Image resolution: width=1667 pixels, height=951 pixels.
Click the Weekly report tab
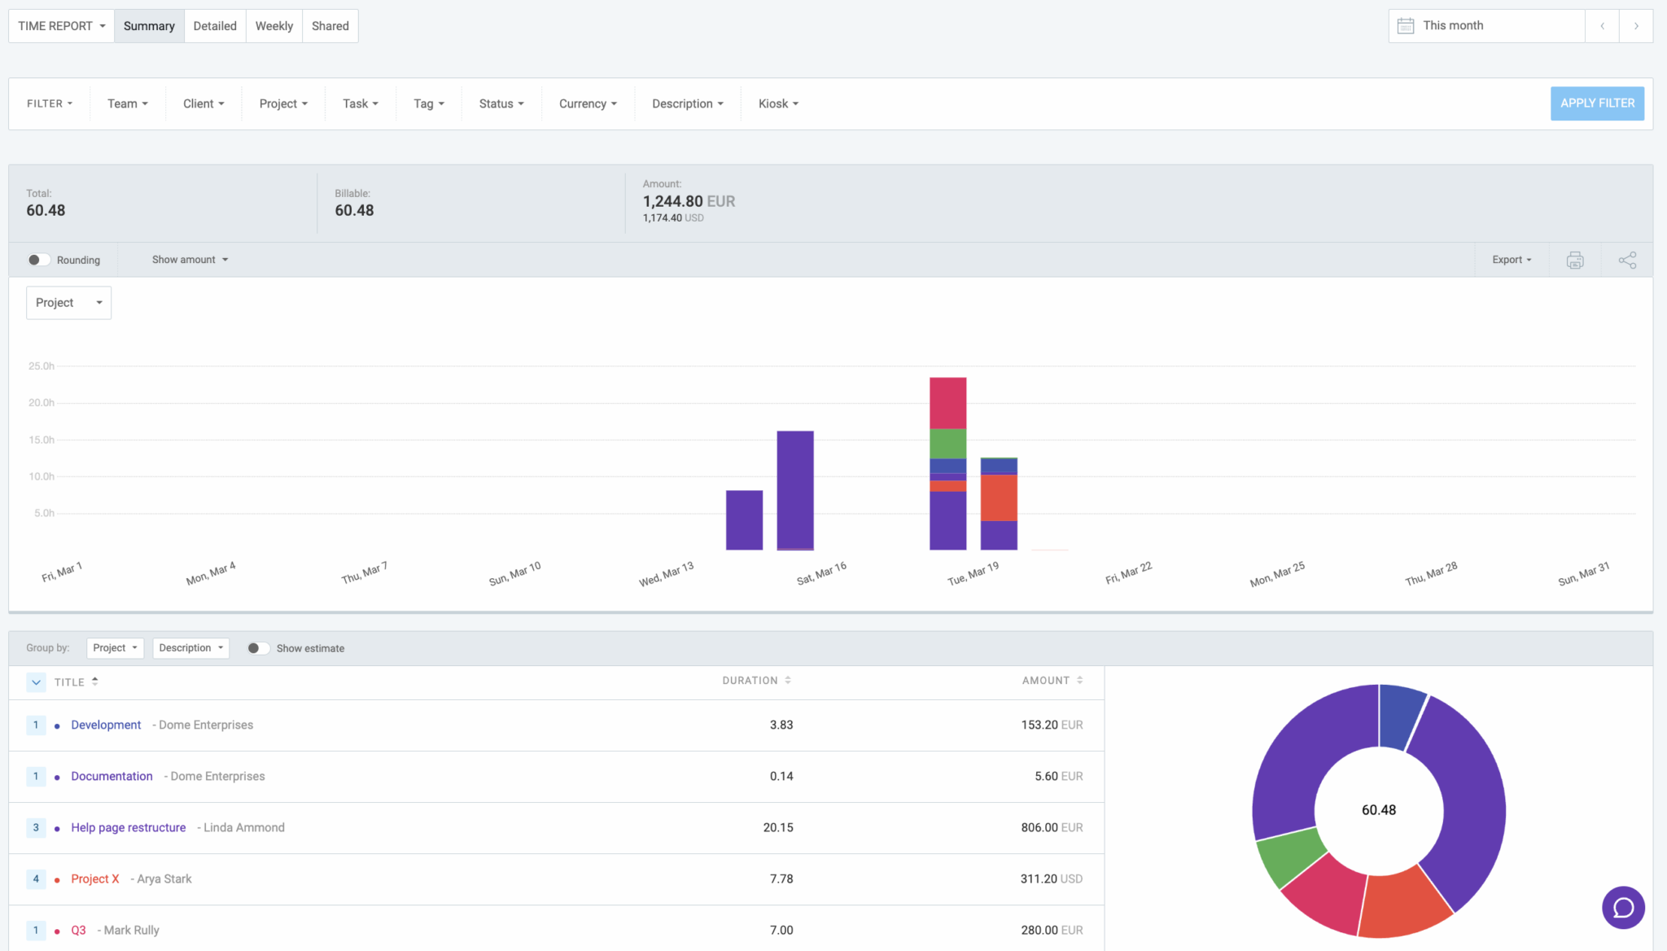click(273, 26)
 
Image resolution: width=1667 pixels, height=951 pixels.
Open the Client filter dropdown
click(203, 103)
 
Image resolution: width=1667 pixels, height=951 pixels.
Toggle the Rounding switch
click(37, 260)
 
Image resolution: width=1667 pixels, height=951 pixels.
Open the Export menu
click(1511, 260)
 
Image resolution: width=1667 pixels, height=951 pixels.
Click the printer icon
click(1574, 260)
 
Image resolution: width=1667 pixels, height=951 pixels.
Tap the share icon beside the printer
click(1626, 260)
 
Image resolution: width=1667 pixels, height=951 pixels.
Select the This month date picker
click(1486, 26)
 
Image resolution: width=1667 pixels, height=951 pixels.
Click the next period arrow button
click(1635, 26)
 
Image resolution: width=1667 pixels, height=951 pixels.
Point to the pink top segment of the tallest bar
click(947, 402)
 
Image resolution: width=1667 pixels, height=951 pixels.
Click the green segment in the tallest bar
click(947, 443)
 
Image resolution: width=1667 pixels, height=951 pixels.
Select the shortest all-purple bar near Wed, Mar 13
click(744, 519)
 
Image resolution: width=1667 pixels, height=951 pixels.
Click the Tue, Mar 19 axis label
click(973, 573)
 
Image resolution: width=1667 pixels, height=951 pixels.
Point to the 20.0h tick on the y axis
click(42, 402)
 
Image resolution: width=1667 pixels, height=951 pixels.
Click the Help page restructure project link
click(128, 827)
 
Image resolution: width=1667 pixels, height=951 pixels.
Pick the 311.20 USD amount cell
click(1050, 879)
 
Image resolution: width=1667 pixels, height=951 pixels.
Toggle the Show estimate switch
click(257, 648)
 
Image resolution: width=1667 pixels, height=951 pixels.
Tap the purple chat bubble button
click(1623, 907)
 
